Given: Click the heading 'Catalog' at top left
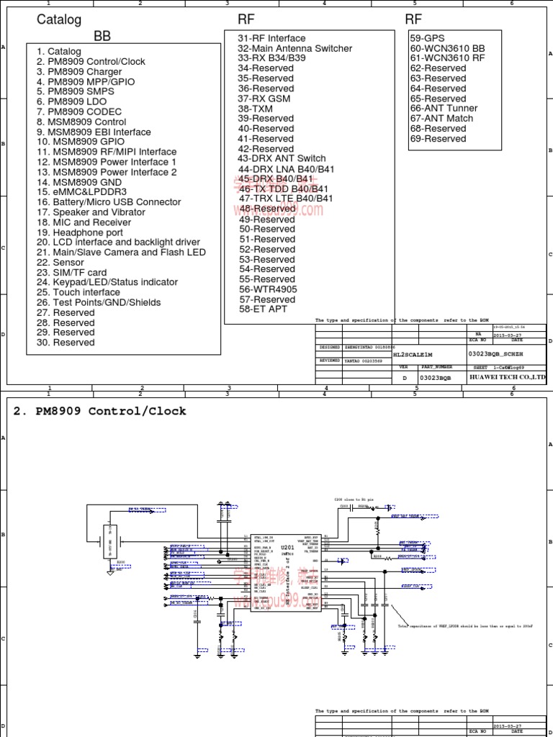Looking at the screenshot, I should [59, 19].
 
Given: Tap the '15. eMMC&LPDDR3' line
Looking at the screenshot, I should [81, 192].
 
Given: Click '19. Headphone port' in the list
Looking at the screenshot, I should [80, 232].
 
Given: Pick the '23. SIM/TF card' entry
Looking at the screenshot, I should [71, 273].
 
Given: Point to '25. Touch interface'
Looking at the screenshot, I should [78, 292].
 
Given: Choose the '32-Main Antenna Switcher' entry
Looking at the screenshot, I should [295, 48].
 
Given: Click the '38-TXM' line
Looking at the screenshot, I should [255, 109].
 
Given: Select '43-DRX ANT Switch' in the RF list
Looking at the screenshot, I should [282, 158].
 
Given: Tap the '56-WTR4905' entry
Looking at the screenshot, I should [268, 289].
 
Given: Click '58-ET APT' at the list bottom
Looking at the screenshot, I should [264, 309].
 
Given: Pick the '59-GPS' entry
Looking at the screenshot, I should [427, 38].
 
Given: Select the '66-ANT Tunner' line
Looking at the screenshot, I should [444, 108].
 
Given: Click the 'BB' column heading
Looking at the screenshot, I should [102, 37].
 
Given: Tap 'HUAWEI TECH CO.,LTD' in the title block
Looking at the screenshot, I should [508, 377].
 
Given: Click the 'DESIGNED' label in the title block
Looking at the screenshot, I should [329, 347].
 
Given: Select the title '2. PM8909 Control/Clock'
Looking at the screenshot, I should [100, 412].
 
